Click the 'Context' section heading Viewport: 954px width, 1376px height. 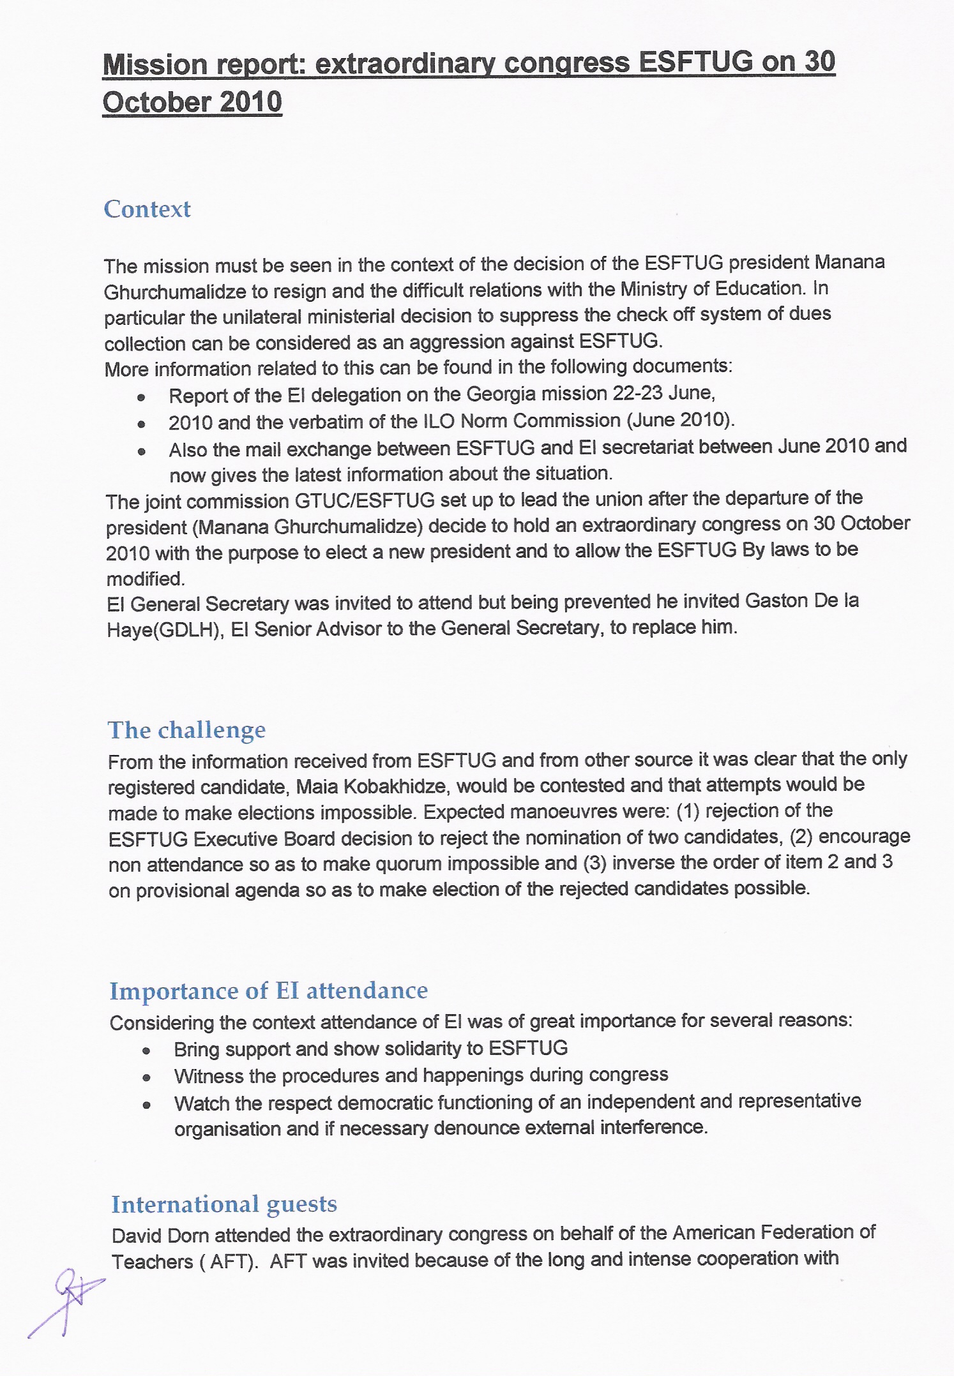pyautogui.click(x=147, y=209)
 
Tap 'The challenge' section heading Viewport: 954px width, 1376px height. pyautogui.click(x=186, y=730)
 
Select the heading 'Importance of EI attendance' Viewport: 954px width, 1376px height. pyautogui.click(x=268, y=991)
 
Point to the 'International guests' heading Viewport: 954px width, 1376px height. pyautogui.click(x=224, y=1204)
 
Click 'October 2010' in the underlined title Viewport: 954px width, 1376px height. pyautogui.click(x=192, y=102)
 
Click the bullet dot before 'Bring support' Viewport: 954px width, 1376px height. pyautogui.click(x=146, y=1051)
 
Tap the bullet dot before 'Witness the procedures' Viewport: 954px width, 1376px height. pyautogui.click(x=146, y=1077)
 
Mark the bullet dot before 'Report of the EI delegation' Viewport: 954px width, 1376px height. pyautogui.click(x=141, y=397)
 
